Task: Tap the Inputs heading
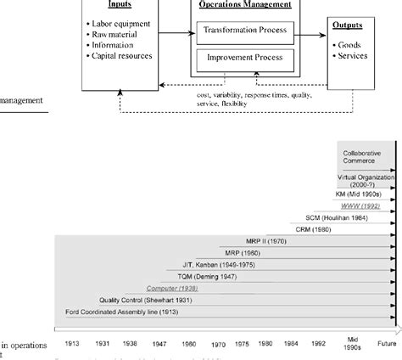point(120,3)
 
